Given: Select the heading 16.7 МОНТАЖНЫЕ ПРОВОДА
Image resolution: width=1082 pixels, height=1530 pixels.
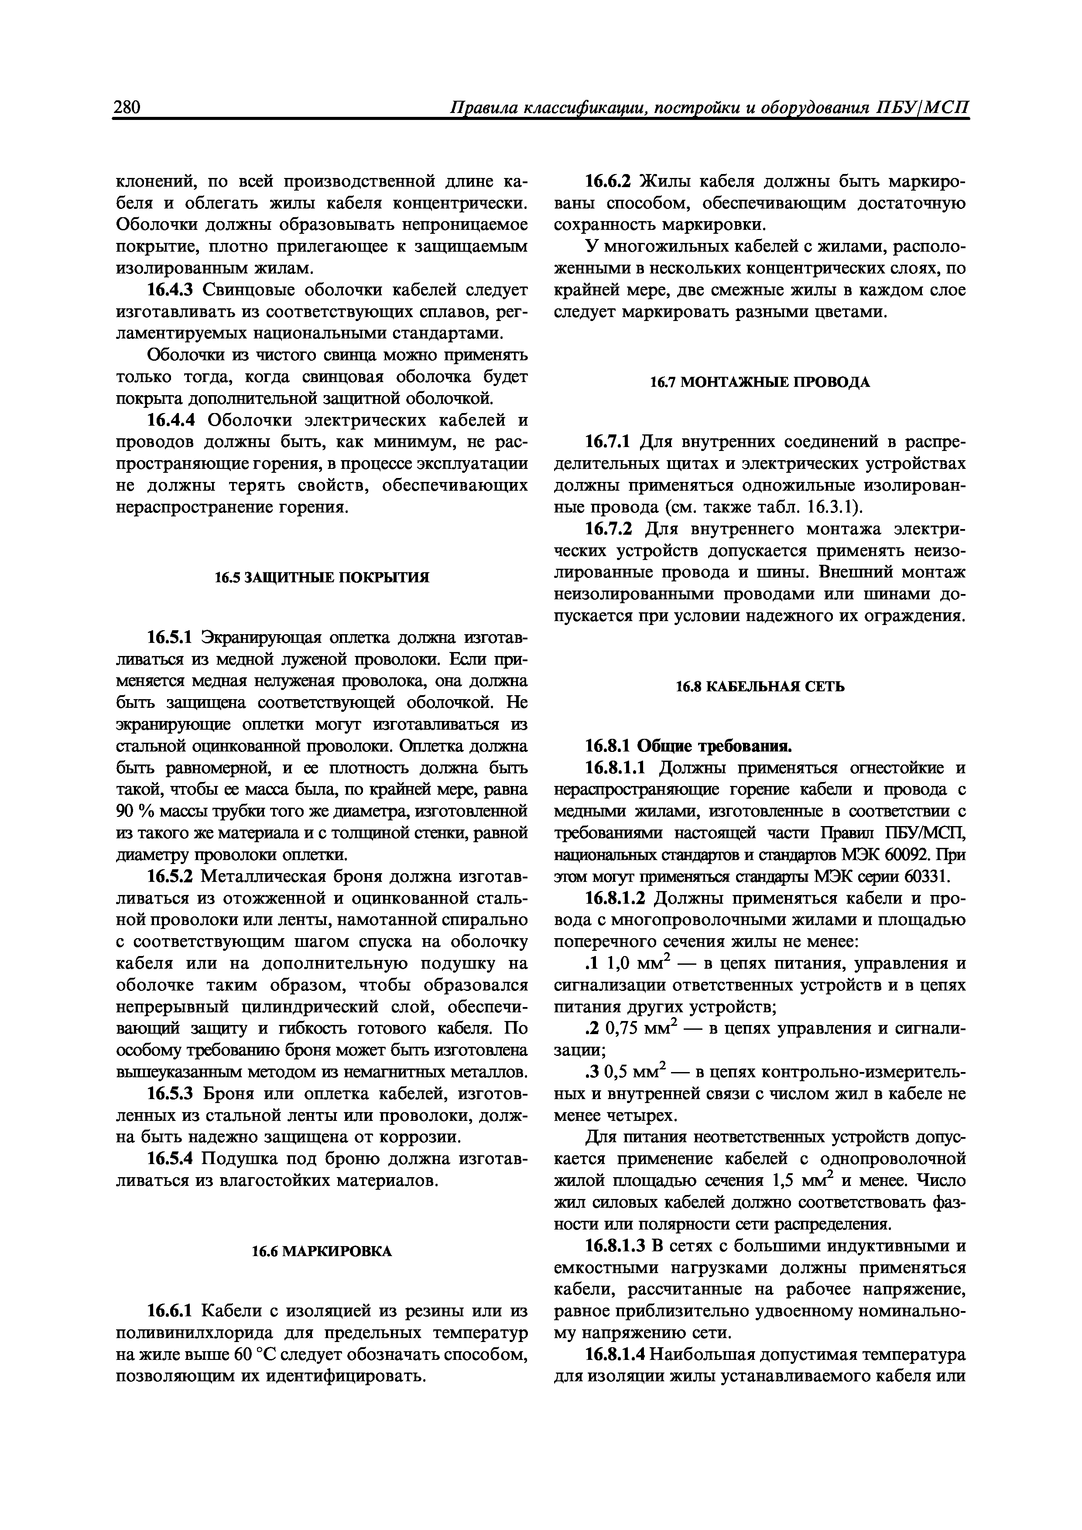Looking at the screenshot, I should click(x=760, y=382).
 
